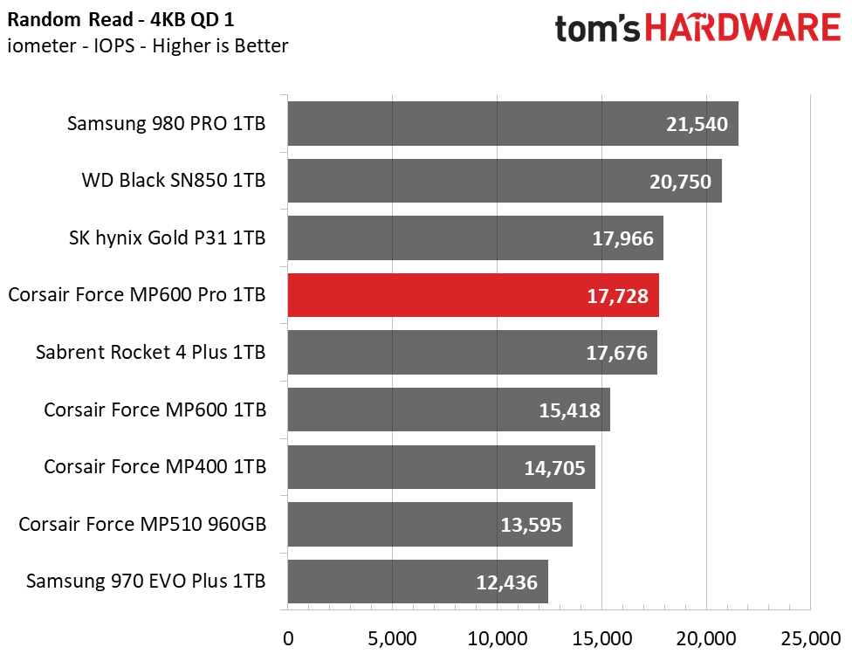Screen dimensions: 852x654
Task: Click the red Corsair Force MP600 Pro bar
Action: coord(473,295)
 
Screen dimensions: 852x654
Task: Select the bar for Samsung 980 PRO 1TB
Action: coord(513,123)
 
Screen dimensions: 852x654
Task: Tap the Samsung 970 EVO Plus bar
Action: coord(418,582)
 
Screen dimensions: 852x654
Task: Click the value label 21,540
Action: coord(697,125)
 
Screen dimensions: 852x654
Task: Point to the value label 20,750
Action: coord(680,182)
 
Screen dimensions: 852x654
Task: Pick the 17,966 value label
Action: coord(622,238)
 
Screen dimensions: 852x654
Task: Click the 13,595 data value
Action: coord(531,525)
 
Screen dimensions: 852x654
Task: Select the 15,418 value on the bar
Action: coord(569,410)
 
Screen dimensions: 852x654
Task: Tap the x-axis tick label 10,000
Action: coord(498,639)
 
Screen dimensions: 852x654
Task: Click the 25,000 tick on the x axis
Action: coord(811,639)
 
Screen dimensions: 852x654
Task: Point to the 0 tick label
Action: coord(288,639)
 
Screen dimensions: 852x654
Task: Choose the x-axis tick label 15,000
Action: coord(602,639)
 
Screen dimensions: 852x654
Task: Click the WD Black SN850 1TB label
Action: coord(174,181)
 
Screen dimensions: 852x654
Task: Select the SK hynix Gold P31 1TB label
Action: coord(167,238)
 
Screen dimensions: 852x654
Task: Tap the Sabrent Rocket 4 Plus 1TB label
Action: coord(150,352)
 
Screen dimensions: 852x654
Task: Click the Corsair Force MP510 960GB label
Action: coord(142,524)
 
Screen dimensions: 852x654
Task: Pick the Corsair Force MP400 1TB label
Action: coord(155,467)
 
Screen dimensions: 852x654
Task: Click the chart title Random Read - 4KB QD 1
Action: coord(120,19)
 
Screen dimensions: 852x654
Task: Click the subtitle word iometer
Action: coord(42,45)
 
